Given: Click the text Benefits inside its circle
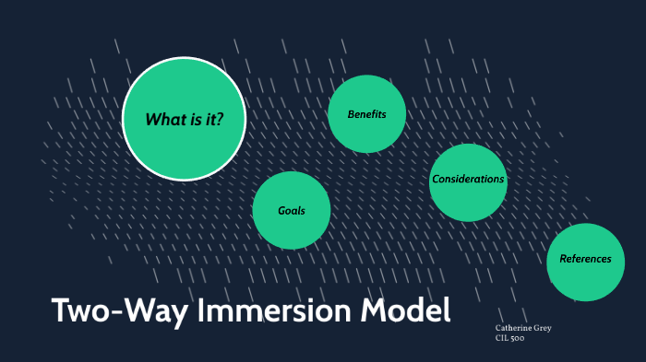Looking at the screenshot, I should pyautogui.click(x=366, y=114).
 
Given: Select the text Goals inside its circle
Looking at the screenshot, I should pyautogui.click(x=292, y=211).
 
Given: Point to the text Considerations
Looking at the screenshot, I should pyautogui.click(x=468, y=180).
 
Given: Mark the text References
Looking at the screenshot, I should pyautogui.click(x=585, y=259).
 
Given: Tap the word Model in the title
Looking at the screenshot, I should pyautogui.click(x=406, y=310).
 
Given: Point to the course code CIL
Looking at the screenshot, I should pyautogui.click(x=503, y=338).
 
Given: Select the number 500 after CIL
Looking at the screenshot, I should pyautogui.click(x=520, y=338).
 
